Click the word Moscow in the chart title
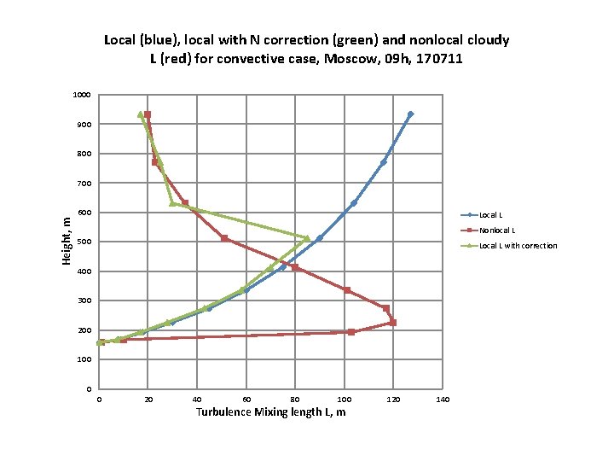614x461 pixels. [x=355, y=61]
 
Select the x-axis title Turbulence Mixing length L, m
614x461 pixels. [x=270, y=412]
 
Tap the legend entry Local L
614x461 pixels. [x=491, y=215]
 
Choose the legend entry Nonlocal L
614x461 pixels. [x=497, y=230]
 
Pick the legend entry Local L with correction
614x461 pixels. [x=518, y=246]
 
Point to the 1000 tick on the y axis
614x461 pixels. [x=82, y=95]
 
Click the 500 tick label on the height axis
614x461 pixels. [x=84, y=242]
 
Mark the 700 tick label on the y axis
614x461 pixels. [x=84, y=183]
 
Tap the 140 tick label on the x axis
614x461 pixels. [x=443, y=400]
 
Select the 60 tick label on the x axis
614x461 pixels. [x=246, y=400]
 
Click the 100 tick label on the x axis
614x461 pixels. [x=344, y=400]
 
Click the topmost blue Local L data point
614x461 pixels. [x=410, y=114]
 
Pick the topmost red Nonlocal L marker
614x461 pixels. [x=148, y=114]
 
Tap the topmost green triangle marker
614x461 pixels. [x=141, y=114]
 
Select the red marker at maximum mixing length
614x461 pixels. [x=393, y=323]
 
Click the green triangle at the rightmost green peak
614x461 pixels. [x=307, y=238]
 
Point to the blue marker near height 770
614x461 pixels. [x=384, y=162]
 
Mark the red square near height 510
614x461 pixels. [x=224, y=238]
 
